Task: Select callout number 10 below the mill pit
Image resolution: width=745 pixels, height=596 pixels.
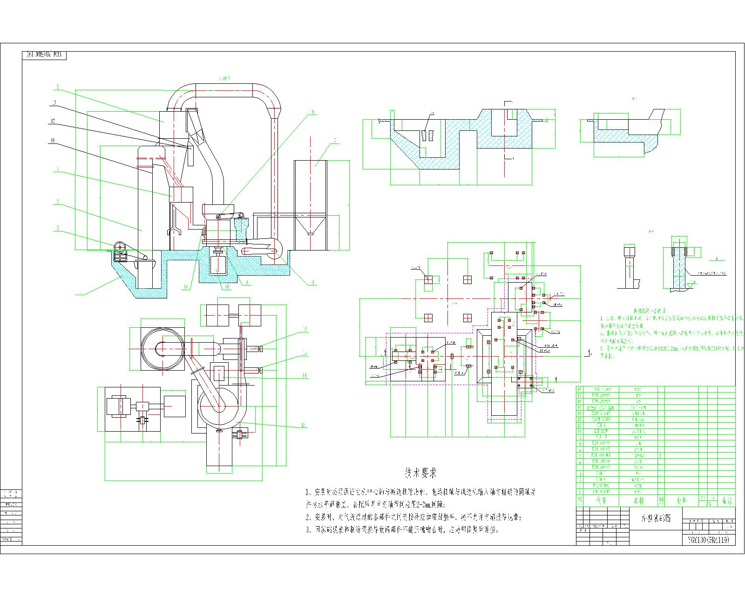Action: coord(227,287)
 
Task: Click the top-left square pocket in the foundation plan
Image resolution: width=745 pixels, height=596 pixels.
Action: coord(429,279)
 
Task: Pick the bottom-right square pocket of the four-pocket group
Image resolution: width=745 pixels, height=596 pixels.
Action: coord(467,318)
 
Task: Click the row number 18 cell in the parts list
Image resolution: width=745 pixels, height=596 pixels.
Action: coord(580,389)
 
